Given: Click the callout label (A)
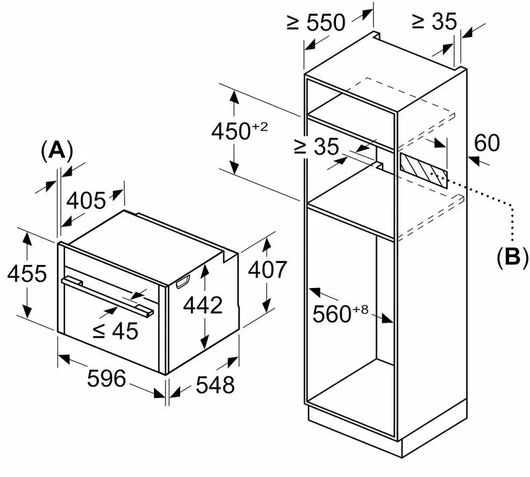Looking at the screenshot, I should (x=56, y=151).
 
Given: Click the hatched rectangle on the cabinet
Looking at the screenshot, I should (x=423, y=166).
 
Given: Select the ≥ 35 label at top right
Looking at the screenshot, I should (x=435, y=22).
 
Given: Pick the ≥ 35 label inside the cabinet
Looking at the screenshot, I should (x=315, y=147).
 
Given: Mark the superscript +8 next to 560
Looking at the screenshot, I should (x=361, y=309).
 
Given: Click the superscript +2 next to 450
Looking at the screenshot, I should (x=259, y=126).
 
